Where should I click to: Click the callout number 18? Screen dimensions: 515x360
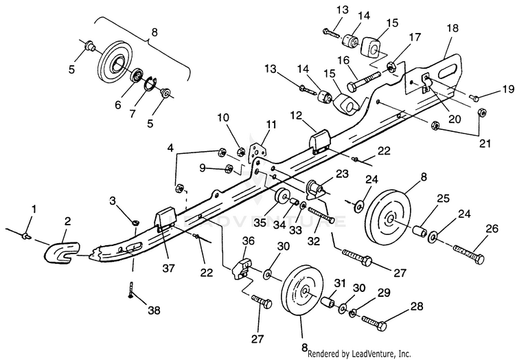(452, 28)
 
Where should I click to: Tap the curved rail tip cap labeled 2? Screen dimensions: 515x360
(61, 252)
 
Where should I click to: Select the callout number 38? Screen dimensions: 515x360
(154, 310)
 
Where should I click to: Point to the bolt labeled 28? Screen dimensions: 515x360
(374, 322)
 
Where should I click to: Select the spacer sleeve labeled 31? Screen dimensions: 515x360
(329, 301)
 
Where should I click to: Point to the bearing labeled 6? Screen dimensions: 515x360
(136, 77)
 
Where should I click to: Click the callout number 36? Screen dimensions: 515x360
(249, 240)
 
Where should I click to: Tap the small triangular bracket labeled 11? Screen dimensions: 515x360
(257, 150)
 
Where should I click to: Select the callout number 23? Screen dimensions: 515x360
(341, 174)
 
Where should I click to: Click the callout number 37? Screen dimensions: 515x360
(168, 269)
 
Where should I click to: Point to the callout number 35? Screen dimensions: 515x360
(260, 223)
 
